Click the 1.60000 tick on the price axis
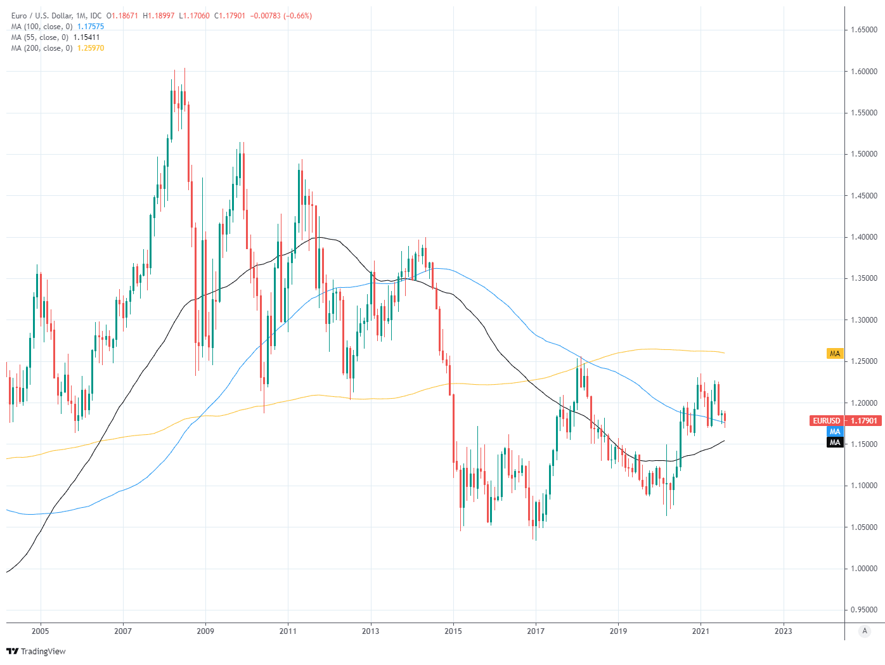tap(864, 72)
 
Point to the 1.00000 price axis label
tap(864, 569)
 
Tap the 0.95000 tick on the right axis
tap(864, 610)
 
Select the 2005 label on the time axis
tap(40, 631)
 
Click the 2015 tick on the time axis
tap(453, 631)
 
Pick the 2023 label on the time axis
tap(783, 631)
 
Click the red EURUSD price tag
tap(827, 421)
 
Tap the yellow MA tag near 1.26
tap(835, 354)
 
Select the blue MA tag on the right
tap(835, 432)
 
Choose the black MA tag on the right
tap(835, 442)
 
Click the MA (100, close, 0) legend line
tap(42, 27)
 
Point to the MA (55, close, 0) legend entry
tap(40, 37)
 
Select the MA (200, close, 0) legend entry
tap(42, 48)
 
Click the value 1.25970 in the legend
tap(91, 48)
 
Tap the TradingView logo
tap(36, 651)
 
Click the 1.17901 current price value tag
tap(864, 421)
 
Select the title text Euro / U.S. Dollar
tap(41, 16)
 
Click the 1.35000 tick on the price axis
tap(864, 278)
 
